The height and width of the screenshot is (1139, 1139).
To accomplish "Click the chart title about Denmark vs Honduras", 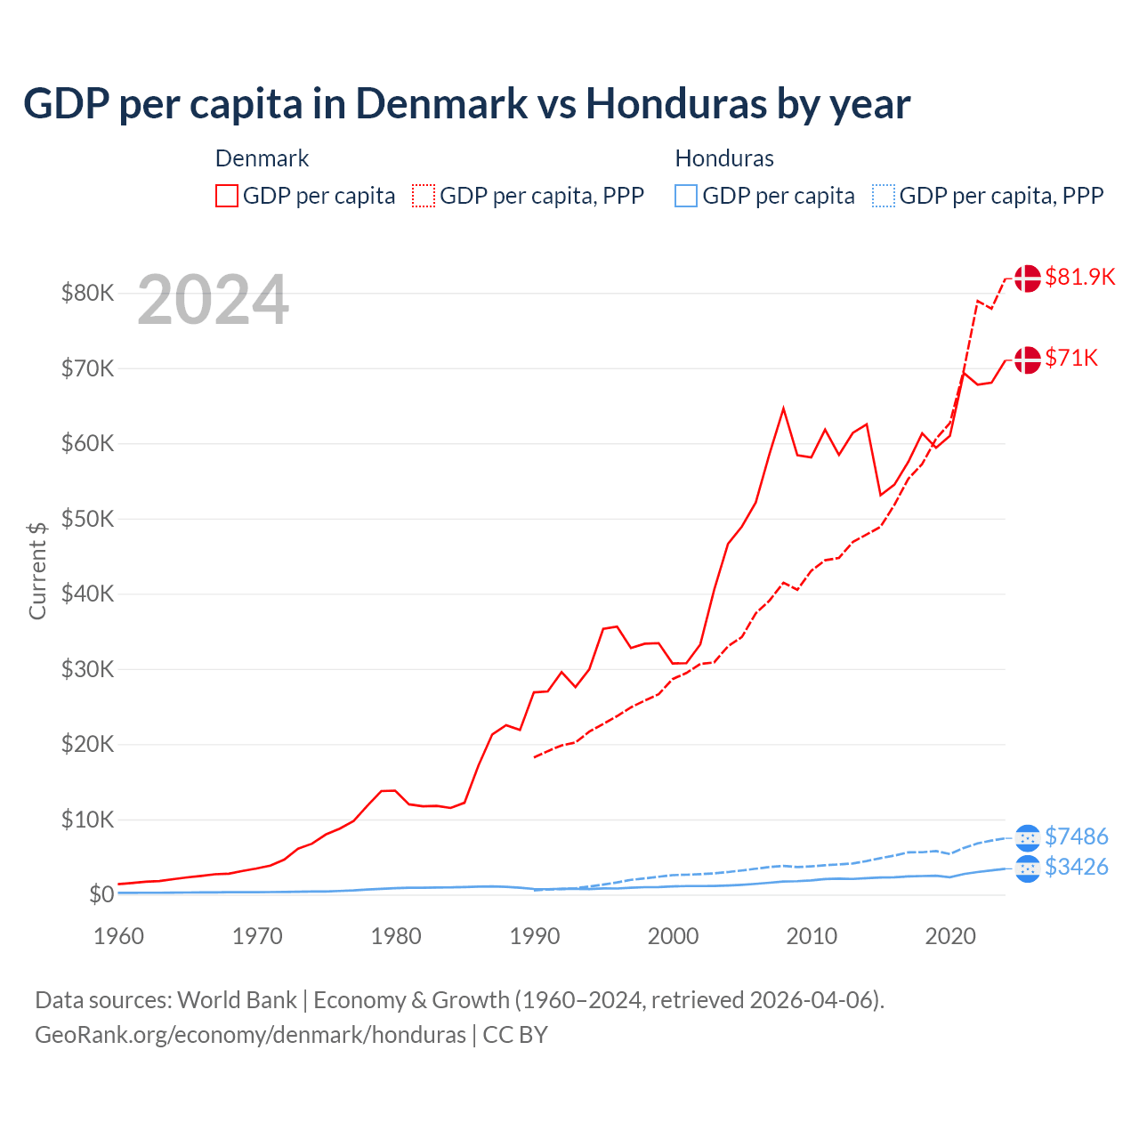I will [466, 104].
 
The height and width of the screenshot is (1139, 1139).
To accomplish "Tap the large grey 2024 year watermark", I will [213, 301].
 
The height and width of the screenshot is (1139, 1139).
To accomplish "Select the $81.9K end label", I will [1079, 277].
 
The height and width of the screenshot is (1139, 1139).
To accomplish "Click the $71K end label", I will [1071, 358].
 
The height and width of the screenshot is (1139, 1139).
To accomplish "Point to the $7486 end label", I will [1076, 836].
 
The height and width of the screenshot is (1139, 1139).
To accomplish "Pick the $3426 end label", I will [1076, 867].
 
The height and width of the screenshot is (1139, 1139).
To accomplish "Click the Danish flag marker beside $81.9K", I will [1027, 278].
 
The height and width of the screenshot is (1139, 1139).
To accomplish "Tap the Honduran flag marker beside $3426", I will [1027, 868].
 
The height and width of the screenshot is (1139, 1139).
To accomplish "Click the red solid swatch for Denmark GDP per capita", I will [227, 196].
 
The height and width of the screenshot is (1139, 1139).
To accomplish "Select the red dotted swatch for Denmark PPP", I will [424, 196].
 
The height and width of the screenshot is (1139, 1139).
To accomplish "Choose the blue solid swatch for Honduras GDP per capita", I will [686, 196].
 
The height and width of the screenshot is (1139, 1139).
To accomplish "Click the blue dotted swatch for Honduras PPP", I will [884, 196].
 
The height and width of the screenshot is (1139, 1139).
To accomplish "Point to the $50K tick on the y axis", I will [87, 519].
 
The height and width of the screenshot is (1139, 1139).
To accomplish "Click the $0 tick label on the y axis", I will [101, 894].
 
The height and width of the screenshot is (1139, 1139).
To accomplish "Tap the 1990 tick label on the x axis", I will [535, 936].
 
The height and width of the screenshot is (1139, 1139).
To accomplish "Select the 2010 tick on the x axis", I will [812, 936].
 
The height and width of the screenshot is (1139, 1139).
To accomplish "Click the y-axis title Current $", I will [37, 570].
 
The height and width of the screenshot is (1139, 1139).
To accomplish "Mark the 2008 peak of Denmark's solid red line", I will [783, 408].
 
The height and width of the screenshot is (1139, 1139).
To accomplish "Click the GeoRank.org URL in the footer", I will [250, 1035].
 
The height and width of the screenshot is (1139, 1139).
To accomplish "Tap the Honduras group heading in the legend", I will [724, 158].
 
